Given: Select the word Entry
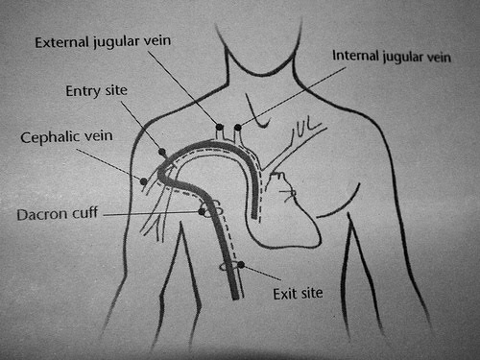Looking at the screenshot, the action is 83,91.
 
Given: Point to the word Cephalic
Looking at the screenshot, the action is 49,138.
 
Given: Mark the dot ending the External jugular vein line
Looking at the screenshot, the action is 220,127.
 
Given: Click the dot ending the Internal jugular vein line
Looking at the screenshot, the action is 237,127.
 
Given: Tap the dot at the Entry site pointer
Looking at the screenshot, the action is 161,153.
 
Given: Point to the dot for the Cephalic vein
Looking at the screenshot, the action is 143,180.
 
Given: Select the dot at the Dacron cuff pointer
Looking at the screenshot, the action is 203,211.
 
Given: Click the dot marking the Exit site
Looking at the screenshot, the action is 241,265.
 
